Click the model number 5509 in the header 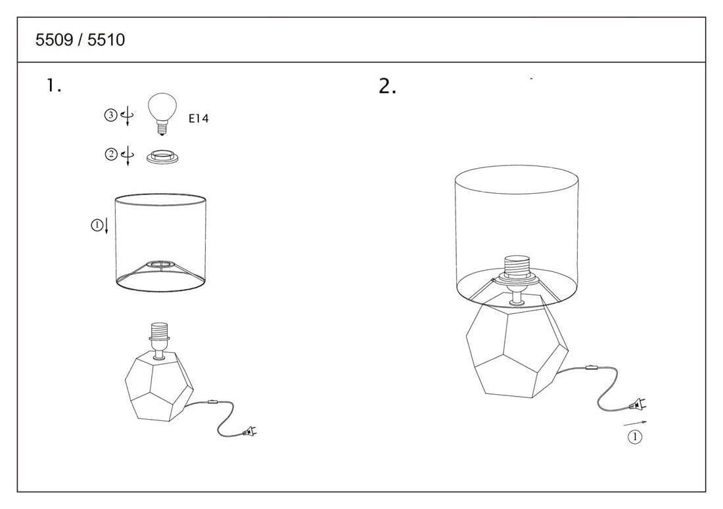click(x=55, y=39)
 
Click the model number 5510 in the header click(x=106, y=39)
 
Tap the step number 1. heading click(x=53, y=85)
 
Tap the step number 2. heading click(x=387, y=86)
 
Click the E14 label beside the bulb click(x=198, y=118)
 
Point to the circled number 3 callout click(x=110, y=115)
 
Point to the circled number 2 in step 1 click(x=111, y=154)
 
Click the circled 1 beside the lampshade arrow click(x=97, y=225)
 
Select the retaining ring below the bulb click(x=162, y=157)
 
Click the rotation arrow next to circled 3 click(x=128, y=116)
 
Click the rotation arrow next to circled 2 click(x=128, y=156)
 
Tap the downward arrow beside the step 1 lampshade click(x=106, y=225)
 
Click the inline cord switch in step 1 click(x=212, y=402)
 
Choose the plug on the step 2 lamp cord click(x=638, y=404)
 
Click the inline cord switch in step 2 click(x=591, y=368)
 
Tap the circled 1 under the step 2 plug click(x=635, y=436)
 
